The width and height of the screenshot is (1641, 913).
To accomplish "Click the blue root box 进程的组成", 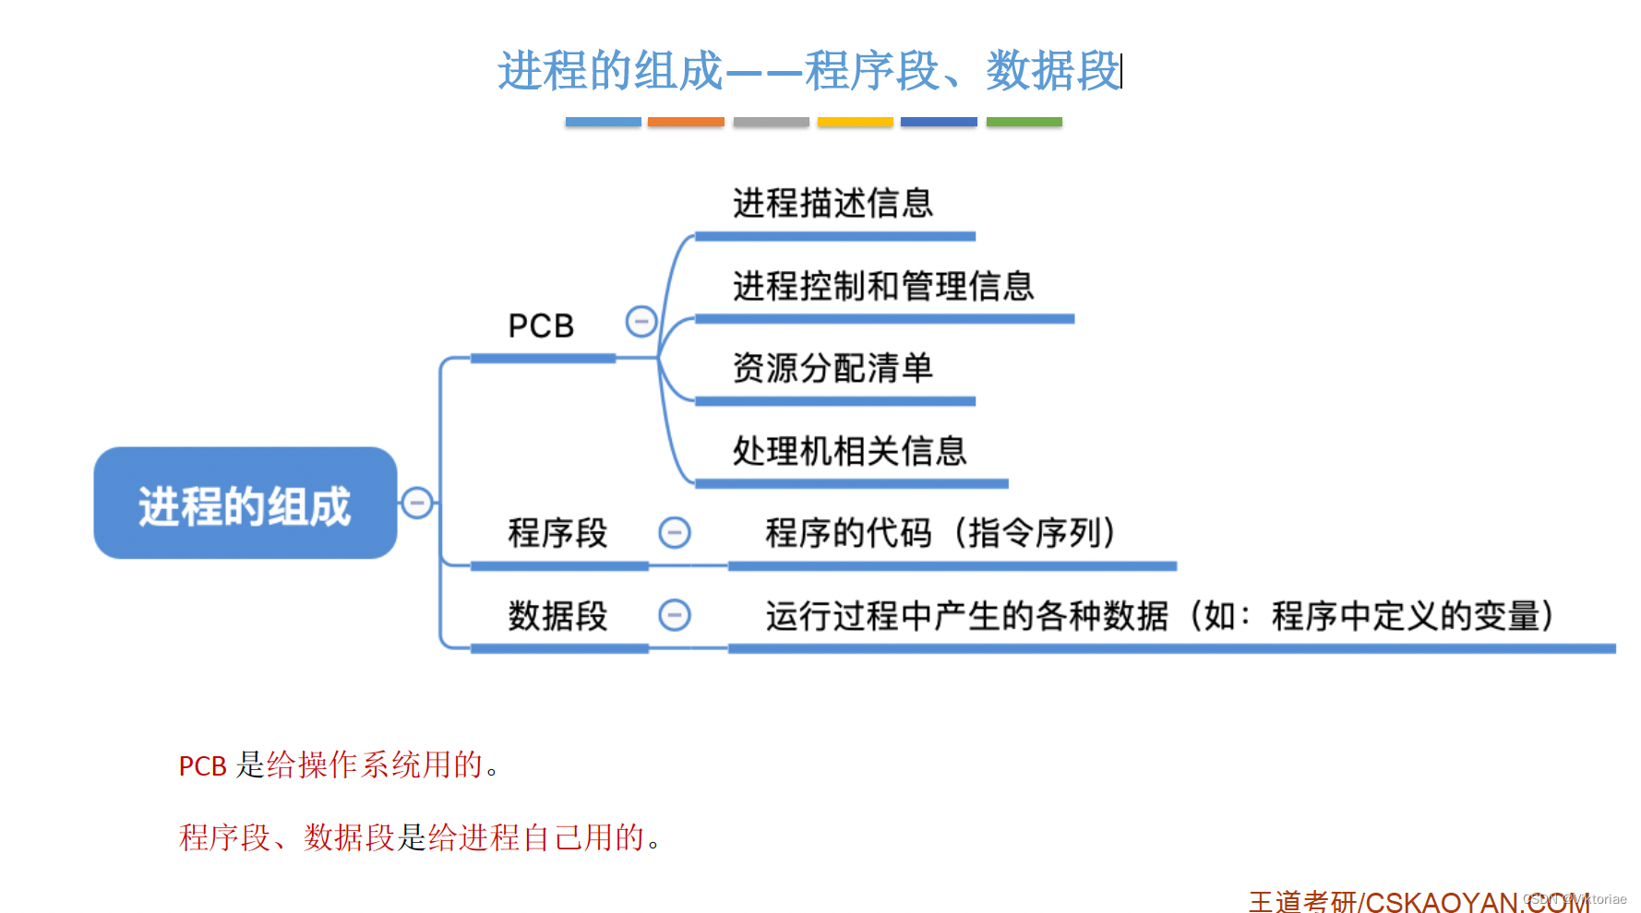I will pyautogui.click(x=246, y=504).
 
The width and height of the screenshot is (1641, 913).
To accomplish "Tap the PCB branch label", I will pyautogui.click(x=541, y=326).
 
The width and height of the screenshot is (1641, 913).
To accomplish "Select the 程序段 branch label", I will pyautogui.click(x=557, y=533).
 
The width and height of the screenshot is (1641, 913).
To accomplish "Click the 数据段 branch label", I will pyautogui.click(x=557, y=616).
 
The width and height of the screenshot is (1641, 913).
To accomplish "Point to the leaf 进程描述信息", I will pyautogui.click(x=832, y=203).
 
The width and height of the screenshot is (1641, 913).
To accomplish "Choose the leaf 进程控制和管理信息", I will pyautogui.click(x=883, y=286).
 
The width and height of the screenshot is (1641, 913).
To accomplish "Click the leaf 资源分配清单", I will pyautogui.click(x=832, y=368).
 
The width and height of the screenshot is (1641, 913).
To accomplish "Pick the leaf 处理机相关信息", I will pyautogui.click(x=849, y=451).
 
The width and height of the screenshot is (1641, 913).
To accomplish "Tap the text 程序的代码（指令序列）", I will pyautogui.click(x=940, y=533).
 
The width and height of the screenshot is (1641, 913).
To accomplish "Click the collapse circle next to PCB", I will pyautogui.click(x=641, y=322).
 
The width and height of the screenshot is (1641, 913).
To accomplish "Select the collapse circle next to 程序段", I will pyautogui.click(x=675, y=532).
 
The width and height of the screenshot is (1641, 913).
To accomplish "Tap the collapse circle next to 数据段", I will pyautogui.click(x=675, y=615).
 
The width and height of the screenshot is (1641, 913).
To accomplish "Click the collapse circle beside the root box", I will pyautogui.click(x=417, y=503).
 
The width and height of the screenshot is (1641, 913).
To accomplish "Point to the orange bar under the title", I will pyautogui.click(x=686, y=122).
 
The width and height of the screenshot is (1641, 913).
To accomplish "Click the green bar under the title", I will pyautogui.click(x=1024, y=122).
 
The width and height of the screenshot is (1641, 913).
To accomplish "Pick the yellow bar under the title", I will pyautogui.click(x=855, y=122).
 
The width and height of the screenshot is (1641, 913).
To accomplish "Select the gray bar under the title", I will pyautogui.click(x=771, y=122).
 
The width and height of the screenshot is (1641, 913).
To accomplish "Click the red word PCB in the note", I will pyautogui.click(x=202, y=766).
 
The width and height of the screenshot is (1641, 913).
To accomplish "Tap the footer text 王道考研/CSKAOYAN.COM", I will pyautogui.click(x=1419, y=901).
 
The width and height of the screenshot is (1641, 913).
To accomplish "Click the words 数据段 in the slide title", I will pyautogui.click(x=1052, y=71).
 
